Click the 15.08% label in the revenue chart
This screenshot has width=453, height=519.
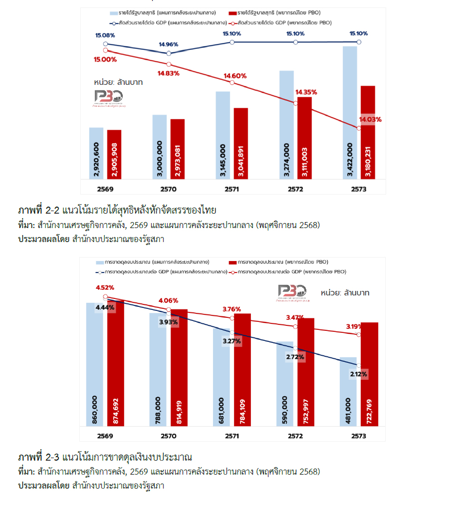point(105,35)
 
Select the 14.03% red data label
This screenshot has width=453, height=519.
point(370,119)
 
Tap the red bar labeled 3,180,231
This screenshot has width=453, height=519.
point(368,132)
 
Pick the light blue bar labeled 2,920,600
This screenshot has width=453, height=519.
point(96,153)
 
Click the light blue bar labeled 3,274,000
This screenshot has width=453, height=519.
point(286,124)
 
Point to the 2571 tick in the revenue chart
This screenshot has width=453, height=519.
point(232,189)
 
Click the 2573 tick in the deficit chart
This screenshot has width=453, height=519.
point(359,436)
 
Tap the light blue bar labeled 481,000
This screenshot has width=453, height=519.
point(349,391)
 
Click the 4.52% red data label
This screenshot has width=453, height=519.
point(105,287)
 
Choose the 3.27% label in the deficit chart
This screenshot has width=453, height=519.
point(232,341)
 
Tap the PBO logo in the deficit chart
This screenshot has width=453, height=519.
point(294,293)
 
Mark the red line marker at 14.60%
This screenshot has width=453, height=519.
point(232,82)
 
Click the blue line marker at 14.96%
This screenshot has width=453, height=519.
point(169,53)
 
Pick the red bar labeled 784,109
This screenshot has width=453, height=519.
point(242,370)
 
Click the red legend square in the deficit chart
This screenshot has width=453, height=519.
point(232,262)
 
